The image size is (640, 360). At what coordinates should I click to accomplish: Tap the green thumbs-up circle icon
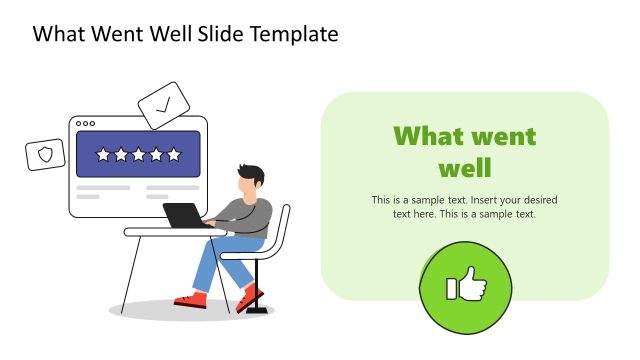[x=464, y=289]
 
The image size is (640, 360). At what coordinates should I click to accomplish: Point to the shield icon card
[x=45, y=154]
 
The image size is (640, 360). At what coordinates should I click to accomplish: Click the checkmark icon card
[x=162, y=104]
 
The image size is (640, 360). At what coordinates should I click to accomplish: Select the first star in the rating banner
[x=102, y=155]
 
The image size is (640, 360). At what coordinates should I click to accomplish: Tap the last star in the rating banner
[x=174, y=155]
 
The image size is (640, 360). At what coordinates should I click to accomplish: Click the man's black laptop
[x=184, y=215]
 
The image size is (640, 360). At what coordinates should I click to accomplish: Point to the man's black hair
[x=251, y=173]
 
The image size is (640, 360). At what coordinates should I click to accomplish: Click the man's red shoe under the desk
[x=190, y=299]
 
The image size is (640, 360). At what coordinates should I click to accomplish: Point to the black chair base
[x=257, y=311]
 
